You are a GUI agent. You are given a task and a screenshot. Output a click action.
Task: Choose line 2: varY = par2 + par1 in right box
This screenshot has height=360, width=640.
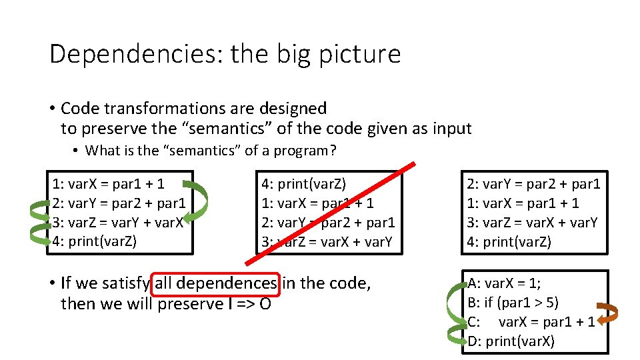click(x=533, y=183)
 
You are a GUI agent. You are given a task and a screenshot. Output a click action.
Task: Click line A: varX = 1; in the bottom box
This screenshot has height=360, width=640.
click(x=504, y=283)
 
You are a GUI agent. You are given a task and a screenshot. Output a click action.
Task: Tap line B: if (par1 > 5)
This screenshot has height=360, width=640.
click(x=513, y=302)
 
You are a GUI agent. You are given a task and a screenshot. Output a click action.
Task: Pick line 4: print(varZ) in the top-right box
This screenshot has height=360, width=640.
click(x=509, y=241)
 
